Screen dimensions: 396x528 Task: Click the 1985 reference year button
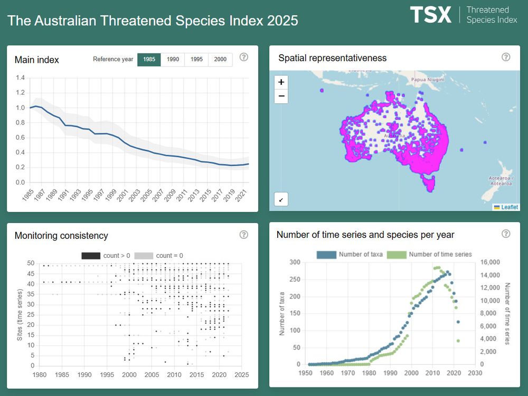click(x=149, y=60)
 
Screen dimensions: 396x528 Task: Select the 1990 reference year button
click(x=173, y=60)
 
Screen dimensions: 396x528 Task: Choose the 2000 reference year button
click(x=220, y=60)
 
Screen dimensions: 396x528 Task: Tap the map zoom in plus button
click(x=281, y=82)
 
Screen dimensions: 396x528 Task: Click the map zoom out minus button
click(x=281, y=96)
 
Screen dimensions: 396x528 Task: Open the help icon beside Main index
click(x=243, y=57)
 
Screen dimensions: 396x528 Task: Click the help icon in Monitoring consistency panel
click(x=243, y=235)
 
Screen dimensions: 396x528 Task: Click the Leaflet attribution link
click(x=509, y=207)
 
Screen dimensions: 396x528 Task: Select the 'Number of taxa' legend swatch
click(x=326, y=255)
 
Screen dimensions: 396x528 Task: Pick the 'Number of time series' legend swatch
click(x=397, y=255)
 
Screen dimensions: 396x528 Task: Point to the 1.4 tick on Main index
click(x=20, y=78)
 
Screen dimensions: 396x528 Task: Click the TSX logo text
click(x=431, y=15)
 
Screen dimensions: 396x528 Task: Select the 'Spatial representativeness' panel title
click(x=332, y=58)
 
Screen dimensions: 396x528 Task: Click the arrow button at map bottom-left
click(x=281, y=200)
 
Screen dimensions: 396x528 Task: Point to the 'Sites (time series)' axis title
click(x=19, y=314)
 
